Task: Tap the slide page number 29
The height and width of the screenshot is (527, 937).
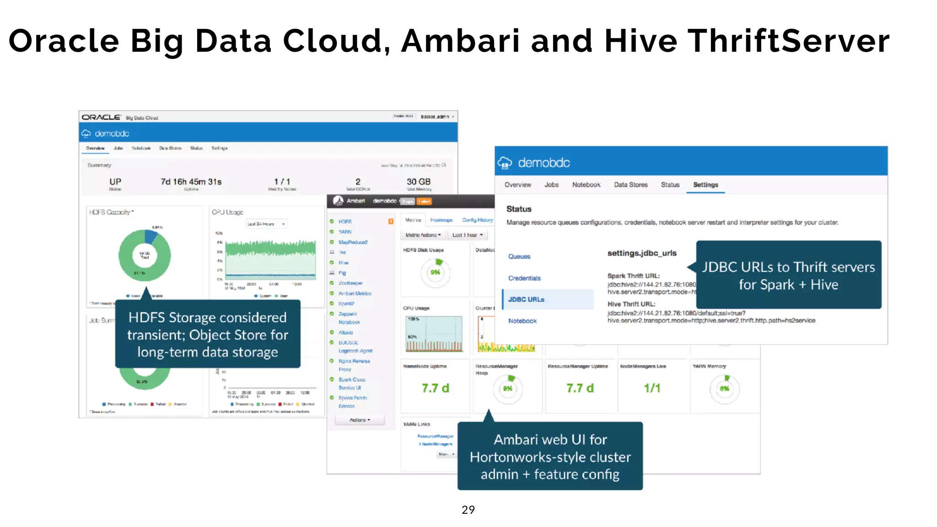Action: (468, 510)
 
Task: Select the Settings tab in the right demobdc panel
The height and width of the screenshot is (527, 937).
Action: (705, 185)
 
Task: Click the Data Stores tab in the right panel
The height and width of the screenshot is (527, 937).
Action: (630, 185)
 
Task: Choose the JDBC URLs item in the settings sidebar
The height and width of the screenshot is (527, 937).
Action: (526, 300)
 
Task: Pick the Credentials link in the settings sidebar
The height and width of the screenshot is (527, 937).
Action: (524, 278)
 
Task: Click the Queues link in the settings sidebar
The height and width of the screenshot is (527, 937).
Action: (519, 257)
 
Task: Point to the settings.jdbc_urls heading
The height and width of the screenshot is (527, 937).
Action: (641, 253)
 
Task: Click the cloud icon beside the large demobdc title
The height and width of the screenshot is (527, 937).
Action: (505, 162)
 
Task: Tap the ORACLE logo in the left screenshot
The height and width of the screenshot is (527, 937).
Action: (101, 118)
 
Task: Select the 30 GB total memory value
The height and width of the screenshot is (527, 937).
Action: (418, 182)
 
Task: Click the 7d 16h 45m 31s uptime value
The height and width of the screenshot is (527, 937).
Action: (191, 182)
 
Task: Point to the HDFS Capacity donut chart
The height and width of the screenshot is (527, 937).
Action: (145, 255)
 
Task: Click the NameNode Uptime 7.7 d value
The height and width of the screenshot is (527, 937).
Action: (435, 388)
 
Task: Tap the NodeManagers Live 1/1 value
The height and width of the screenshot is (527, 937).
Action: (652, 388)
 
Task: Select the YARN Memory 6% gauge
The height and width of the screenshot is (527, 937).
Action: (724, 389)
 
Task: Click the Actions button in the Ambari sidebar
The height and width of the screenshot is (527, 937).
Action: (360, 420)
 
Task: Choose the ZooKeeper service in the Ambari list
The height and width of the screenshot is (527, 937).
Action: (350, 283)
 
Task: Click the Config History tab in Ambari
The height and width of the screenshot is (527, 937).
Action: (477, 220)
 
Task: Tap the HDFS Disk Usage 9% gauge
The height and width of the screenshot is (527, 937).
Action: (435, 272)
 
